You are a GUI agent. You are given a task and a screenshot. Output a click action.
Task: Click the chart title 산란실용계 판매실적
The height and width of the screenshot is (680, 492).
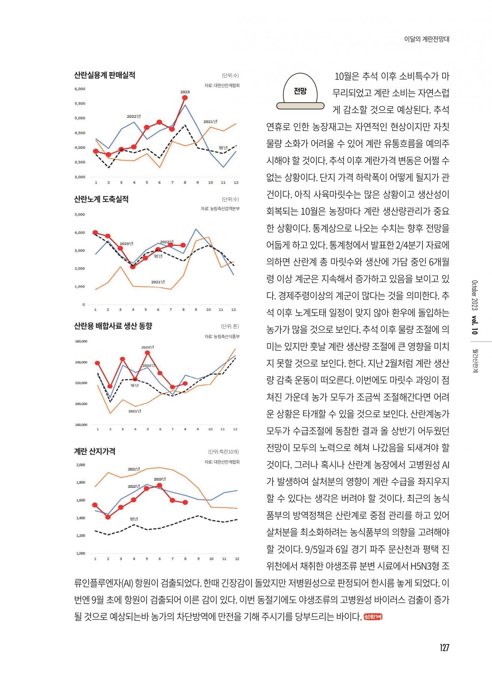point(105,75)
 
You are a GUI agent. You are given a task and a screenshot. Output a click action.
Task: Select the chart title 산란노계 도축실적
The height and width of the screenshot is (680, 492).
point(101,199)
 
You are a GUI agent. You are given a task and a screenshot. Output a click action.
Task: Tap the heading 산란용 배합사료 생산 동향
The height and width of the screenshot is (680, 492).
point(113,326)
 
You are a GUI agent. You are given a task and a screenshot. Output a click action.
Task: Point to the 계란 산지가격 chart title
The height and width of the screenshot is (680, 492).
point(95,451)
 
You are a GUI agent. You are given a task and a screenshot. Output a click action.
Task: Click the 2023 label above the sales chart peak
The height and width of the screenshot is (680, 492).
point(185,92)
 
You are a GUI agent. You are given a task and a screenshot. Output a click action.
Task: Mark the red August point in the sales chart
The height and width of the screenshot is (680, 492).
point(185,98)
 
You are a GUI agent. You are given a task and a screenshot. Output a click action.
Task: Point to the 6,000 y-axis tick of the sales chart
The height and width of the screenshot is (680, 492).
point(80,89)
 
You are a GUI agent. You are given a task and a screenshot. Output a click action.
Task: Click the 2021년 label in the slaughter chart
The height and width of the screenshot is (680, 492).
point(158,282)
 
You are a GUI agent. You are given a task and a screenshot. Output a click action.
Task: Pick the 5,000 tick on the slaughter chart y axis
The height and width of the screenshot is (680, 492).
point(80,214)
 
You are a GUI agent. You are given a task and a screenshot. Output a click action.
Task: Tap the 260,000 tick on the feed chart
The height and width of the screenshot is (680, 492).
point(81,341)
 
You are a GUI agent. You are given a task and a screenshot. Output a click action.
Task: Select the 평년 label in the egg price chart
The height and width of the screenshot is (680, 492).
point(134,519)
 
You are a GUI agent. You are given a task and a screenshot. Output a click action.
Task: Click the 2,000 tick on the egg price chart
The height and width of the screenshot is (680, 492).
point(81,465)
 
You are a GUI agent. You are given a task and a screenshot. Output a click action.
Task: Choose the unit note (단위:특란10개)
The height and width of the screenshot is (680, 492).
point(223,451)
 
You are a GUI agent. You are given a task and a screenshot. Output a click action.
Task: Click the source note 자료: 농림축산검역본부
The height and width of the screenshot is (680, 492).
point(220,208)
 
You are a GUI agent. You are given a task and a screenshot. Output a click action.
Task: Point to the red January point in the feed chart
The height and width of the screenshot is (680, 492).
point(97,363)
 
